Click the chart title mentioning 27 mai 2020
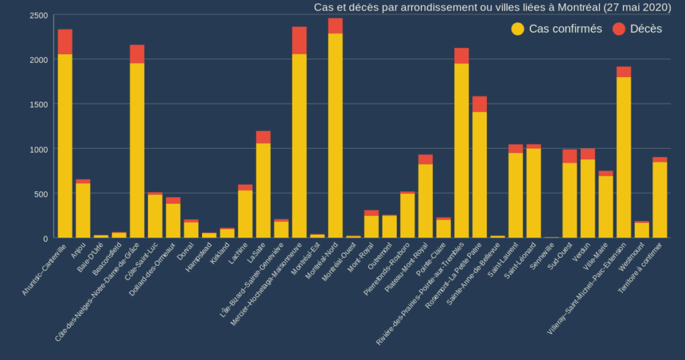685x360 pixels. [492, 7]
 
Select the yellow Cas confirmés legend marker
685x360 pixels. [518, 29]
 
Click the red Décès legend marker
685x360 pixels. [619, 29]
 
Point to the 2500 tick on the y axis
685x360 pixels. [39, 15]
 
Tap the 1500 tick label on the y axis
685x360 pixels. [39, 104]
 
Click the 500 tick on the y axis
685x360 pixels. [41, 194]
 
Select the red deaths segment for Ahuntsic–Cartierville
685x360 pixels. [65, 41]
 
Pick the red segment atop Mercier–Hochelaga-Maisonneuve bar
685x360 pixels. [299, 40]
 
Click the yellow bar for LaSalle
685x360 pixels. [263, 191]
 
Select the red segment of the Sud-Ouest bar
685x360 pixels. [569, 156]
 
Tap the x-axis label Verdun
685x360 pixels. [581, 252]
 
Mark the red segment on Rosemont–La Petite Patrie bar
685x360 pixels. [479, 104]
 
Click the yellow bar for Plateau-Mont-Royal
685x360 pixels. [425, 201]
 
